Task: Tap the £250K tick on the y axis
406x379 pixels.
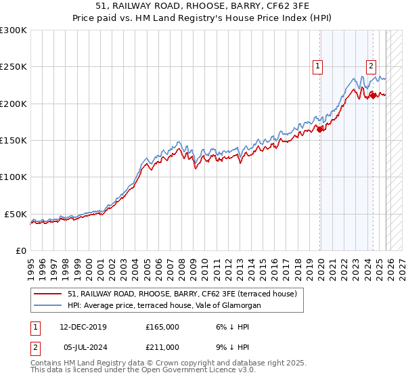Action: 14,67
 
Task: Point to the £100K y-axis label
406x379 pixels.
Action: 14,177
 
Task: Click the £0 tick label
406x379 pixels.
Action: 20,250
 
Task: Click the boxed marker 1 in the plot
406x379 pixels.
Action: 317,66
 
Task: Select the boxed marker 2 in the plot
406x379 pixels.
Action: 371,66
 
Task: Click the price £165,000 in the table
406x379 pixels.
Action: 162,327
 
